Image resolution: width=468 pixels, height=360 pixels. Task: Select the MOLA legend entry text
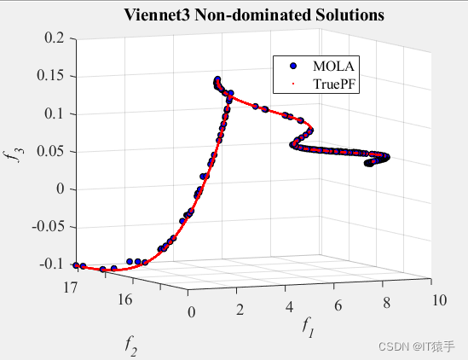point(333,66)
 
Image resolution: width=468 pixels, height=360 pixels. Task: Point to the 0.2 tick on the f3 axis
point(54,38)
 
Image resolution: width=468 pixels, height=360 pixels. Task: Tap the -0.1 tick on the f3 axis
point(51,264)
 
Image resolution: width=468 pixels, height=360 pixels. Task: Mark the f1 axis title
point(308,326)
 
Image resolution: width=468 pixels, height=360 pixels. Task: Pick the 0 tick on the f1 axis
point(191,312)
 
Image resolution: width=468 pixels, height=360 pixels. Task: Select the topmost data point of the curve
point(217,79)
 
